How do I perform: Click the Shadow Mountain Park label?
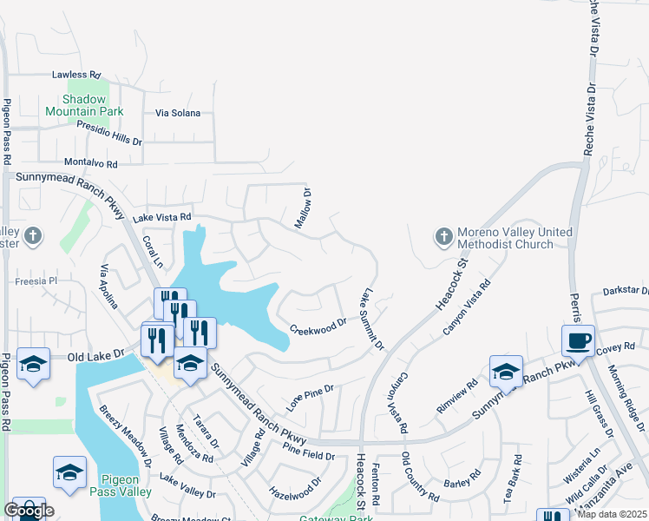pos(84,105)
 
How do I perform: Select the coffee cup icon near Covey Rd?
pos(578,340)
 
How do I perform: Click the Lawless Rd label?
pos(76,76)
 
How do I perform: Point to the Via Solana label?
pos(178,113)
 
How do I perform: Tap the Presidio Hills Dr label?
pos(109,133)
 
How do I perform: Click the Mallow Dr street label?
pos(302,209)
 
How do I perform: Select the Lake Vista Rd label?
pos(161,217)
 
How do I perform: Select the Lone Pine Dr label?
pos(311,396)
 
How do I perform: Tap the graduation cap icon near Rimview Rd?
pos(506,372)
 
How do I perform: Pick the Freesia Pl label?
pos(36,281)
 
